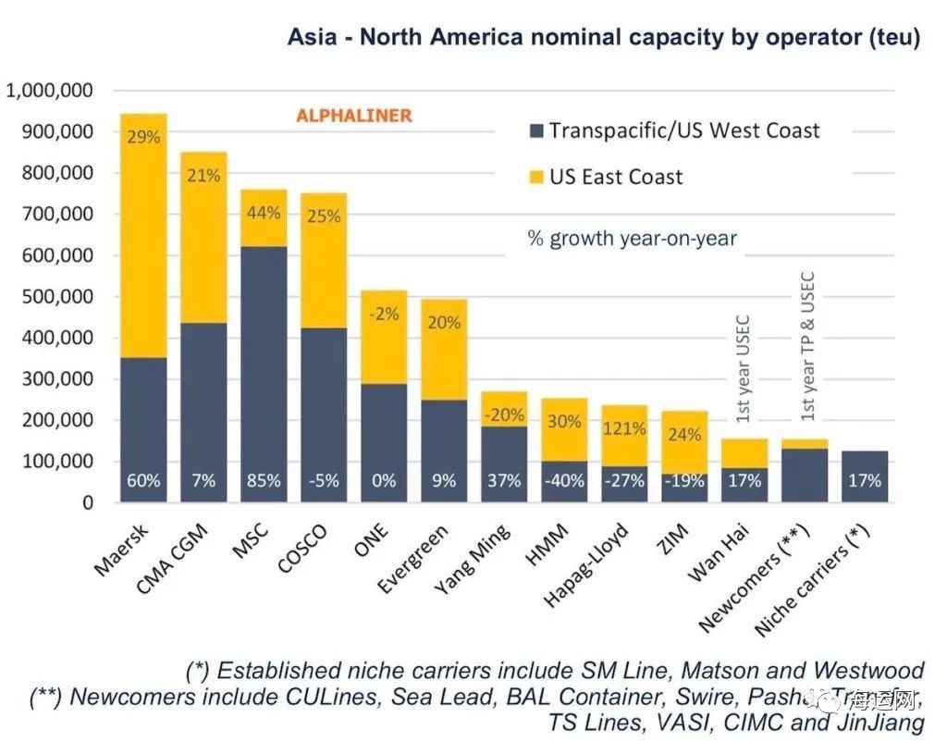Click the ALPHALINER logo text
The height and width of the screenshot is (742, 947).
click(x=353, y=116)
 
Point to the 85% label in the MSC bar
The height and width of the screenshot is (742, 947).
click(x=264, y=481)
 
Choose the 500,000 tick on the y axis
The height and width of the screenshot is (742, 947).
click(x=61, y=297)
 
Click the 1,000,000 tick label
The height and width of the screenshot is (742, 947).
click(x=50, y=91)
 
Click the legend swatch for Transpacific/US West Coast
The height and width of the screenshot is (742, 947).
click(x=535, y=130)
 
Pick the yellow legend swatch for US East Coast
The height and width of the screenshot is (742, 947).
click(x=535, y=177)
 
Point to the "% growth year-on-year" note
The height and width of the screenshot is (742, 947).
click(x=632, y=238)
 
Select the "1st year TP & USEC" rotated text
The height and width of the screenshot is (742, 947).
click(x=806, y=346)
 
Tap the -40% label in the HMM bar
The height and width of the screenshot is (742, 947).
click(x=564, y=481)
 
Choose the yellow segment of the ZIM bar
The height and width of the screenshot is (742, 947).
click(x=684, y=444)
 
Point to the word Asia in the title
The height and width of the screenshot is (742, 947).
click(x=312, y=39)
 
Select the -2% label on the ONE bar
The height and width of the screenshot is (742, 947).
click(x=384, y=314)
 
